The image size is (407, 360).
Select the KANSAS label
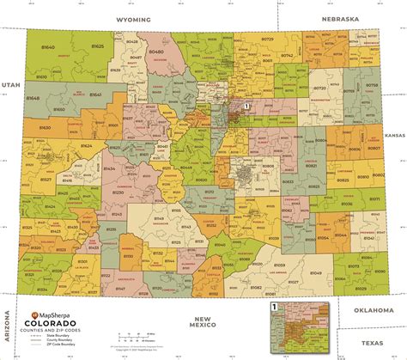tap(394, 136)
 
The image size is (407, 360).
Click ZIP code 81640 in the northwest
tap(49, 47)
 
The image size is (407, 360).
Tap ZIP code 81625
tap(97, 45)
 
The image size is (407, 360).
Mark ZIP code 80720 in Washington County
tap(319, 88)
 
